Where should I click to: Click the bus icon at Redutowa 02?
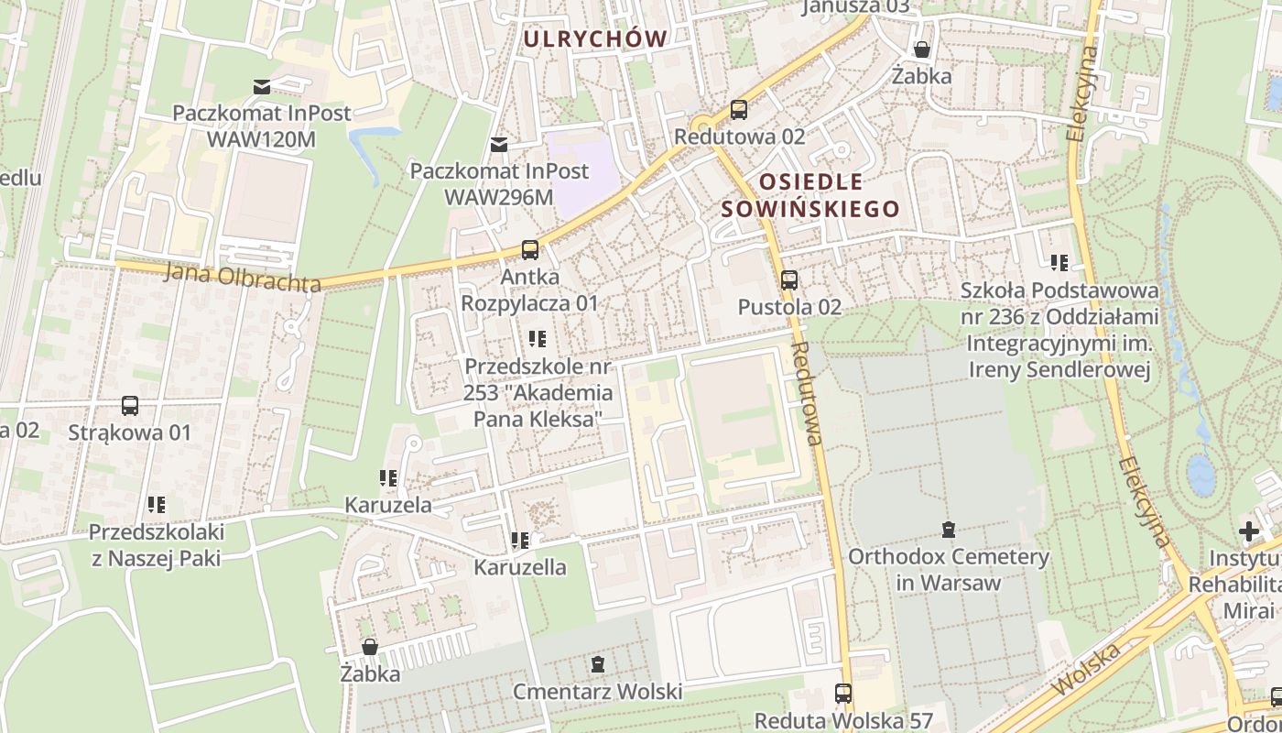click(738, 110)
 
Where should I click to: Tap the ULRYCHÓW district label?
click(594, 38)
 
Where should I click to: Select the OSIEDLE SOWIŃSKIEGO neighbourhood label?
click(810, 195)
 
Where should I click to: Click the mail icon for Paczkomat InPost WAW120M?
click(262, 87)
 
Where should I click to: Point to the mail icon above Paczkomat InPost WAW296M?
click(499, 144)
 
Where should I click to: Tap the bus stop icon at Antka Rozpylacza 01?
click(529, 249)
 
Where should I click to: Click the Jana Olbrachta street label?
click(243, 278)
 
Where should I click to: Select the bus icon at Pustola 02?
click(789, 280)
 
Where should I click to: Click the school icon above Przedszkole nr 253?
click(538, 340)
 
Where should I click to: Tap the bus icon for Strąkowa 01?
click(130, 405)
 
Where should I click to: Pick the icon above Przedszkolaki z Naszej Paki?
click(157, 504)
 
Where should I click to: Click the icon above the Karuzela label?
click(388, 478)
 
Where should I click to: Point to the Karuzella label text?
click(519, 567)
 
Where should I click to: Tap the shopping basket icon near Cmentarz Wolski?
click(370, 647)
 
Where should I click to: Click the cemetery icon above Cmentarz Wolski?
click(598, 663)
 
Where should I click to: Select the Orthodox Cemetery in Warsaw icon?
click(949, 530)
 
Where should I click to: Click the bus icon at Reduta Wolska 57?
click(843, 694)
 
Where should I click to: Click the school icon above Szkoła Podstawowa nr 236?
click(1059, 264)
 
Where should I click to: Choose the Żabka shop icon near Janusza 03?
click(922, 49)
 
